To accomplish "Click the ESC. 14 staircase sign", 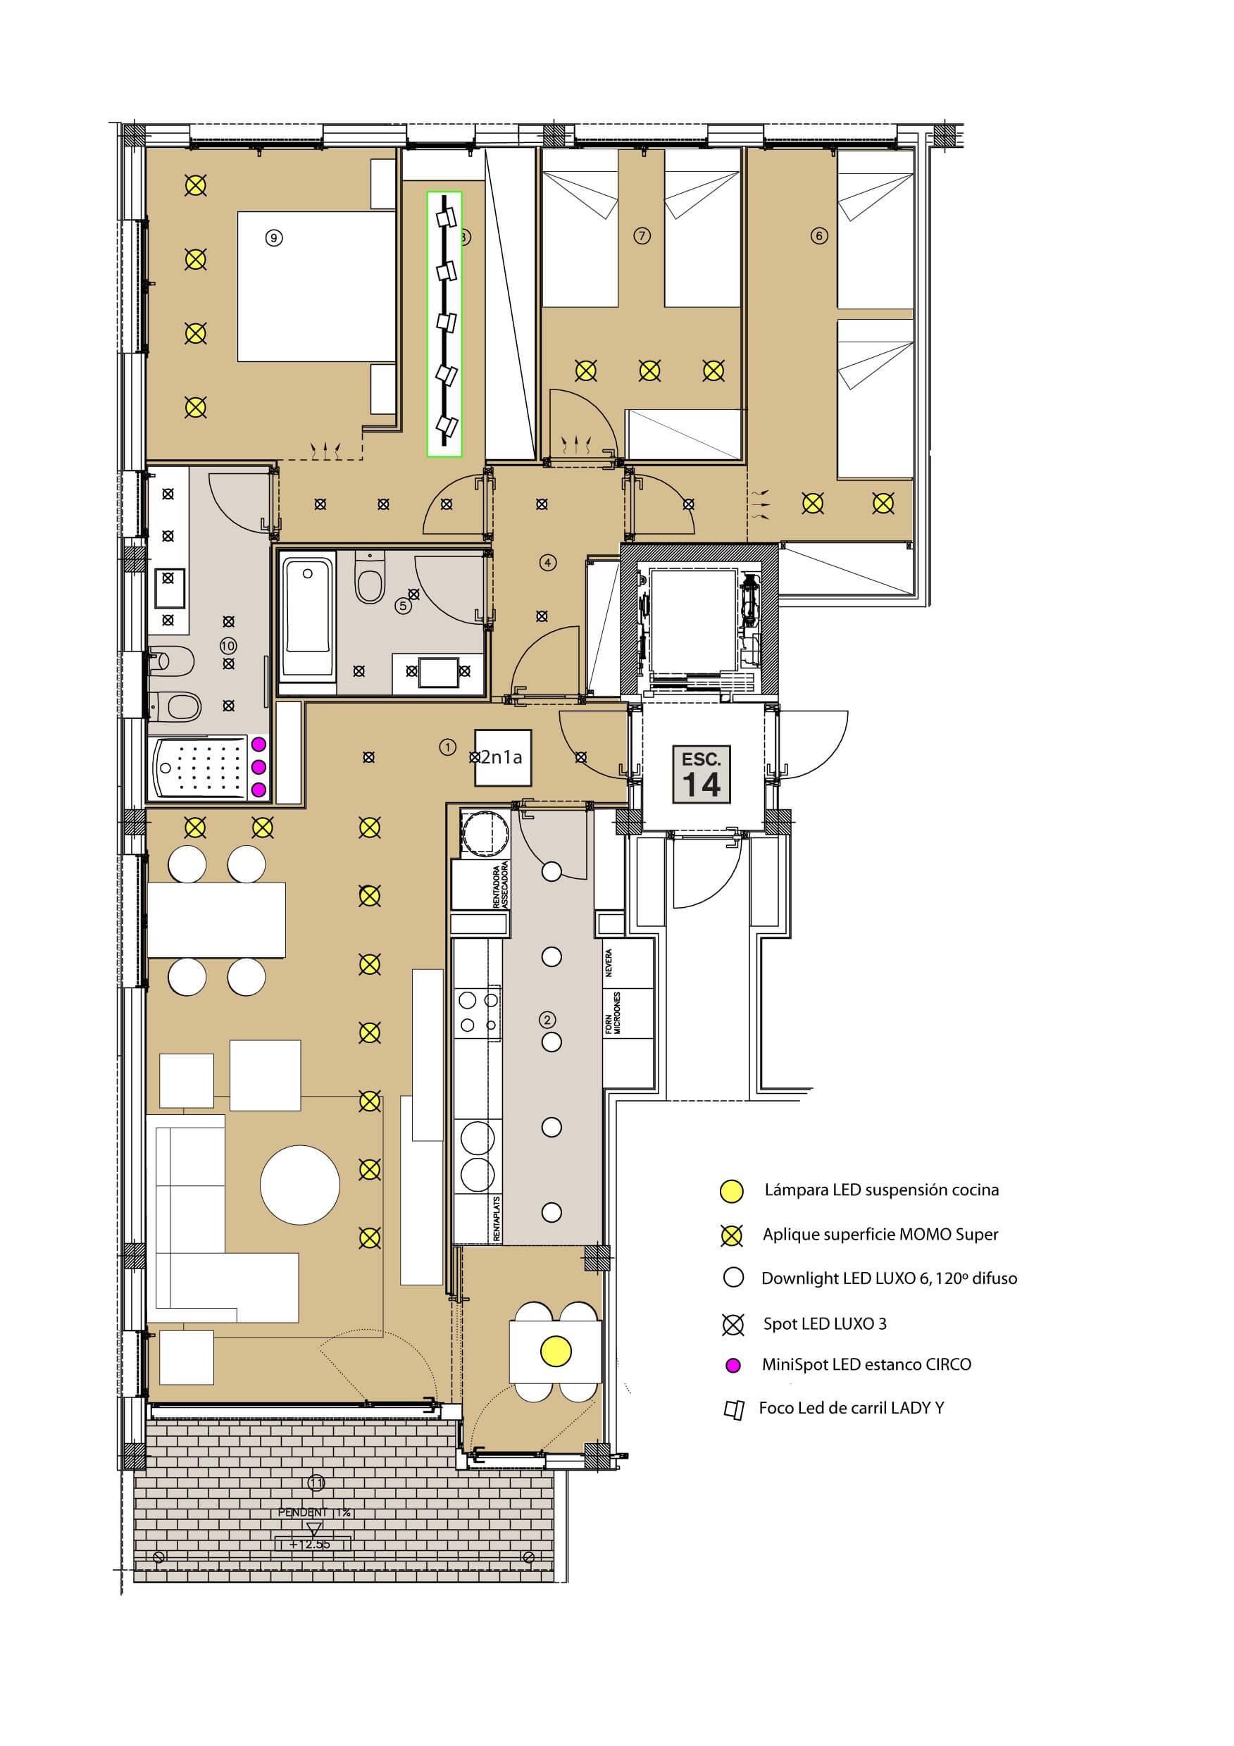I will [701, 774].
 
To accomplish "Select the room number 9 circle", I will [274, 238].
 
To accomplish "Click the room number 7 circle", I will [642, 236].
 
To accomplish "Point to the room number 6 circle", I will [819, 236].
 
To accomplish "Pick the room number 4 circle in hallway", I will [547, 563].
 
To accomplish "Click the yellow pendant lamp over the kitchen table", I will [556, 1351].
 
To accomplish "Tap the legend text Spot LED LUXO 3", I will [824, 1324].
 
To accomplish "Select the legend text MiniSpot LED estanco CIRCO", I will [866, 1365].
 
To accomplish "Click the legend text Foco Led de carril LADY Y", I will [851, 1409].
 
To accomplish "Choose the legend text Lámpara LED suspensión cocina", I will [881, 1190].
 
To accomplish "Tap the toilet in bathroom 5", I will [370, 582].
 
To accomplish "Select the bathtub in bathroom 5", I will [308, 614].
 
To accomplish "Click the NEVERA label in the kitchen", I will [609, 962].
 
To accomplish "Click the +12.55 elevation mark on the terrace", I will [313, 1545].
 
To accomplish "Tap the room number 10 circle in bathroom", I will [228, 646].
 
